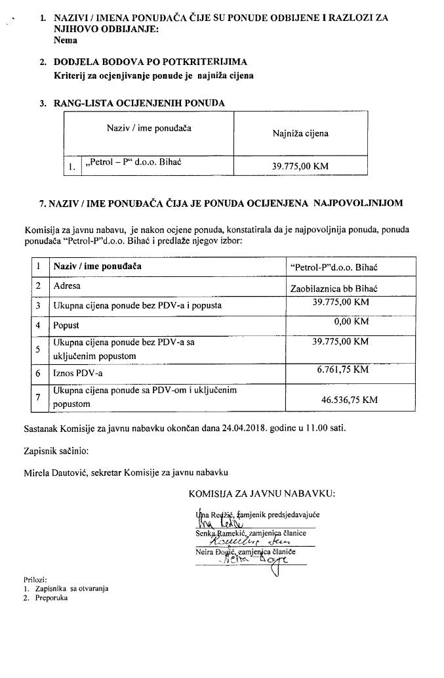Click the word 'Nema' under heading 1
66,40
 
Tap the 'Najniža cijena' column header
300,133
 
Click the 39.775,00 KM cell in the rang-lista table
300,166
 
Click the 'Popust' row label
66,325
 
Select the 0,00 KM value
351,322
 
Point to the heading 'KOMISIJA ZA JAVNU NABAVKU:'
262,494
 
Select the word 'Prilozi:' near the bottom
34,580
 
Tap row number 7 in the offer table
39,398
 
